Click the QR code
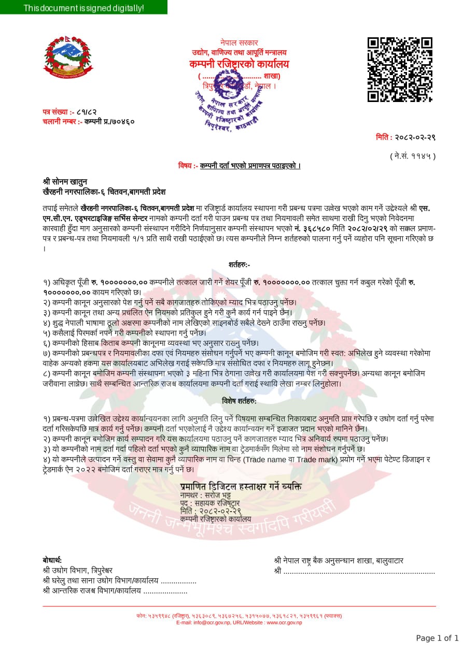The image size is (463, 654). click(400, 69)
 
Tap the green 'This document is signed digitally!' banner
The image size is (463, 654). click(83, 8)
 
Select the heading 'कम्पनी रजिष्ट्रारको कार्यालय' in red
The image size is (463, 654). click(239, 64)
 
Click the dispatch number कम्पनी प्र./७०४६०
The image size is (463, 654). click(109, 121)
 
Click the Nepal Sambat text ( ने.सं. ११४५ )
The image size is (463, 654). click(412, 155)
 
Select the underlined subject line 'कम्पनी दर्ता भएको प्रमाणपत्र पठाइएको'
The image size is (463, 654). click(250, 166)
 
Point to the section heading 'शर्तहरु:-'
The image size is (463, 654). click(239, 264)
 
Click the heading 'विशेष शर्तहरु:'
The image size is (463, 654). click(239, 401)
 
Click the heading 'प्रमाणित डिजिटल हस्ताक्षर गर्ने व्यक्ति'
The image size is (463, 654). click(241, 487)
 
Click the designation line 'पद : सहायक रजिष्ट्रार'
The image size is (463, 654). click(210, 503)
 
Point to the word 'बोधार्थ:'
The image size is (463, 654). click(52, 560)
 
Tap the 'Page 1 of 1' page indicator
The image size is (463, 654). click(437, 638)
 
